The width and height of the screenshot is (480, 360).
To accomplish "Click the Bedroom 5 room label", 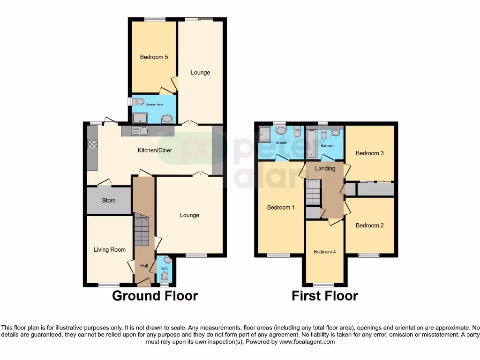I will (x=154, y=57).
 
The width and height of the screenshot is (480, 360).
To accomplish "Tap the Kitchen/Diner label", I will (x=154, y=150).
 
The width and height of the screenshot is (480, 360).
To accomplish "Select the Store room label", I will (x=109, y=201).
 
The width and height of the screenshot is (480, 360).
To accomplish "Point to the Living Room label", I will (x=109, y=250).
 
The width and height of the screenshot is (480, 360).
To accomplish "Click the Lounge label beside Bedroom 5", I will (x=200, y=73).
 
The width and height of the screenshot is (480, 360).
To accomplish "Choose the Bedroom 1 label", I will (x=281, y=207).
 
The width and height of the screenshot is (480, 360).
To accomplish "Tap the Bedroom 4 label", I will (x=324, y=252).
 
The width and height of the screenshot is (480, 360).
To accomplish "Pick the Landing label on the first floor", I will (x=325, y=168).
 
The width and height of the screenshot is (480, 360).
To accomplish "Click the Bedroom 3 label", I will (x=369, y=153).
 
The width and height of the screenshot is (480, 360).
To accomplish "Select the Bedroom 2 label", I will (x=369, y=225).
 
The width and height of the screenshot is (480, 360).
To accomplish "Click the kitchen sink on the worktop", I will (x=140, y=131).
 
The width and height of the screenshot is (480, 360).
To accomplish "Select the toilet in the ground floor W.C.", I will (x=164, y=276).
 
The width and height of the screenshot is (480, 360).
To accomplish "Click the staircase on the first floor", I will (x=313, y=193).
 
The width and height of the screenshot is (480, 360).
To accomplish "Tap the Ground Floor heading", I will (x=155, y=296).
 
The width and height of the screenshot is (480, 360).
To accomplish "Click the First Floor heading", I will (x=325, y=296).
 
